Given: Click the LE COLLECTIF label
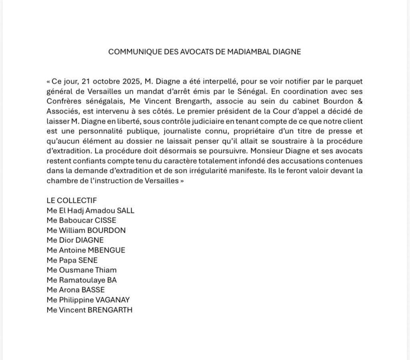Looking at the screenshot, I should (x=72, y=201).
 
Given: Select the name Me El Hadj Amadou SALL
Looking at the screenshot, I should (x=90, y=211).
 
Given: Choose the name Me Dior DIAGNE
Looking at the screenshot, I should (x=75, y=240).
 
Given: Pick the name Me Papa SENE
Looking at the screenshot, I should (x=72, y=260).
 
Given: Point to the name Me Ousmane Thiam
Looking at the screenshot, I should (x=82, y=270).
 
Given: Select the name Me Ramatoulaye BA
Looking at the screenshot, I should (x=82, y=280).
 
